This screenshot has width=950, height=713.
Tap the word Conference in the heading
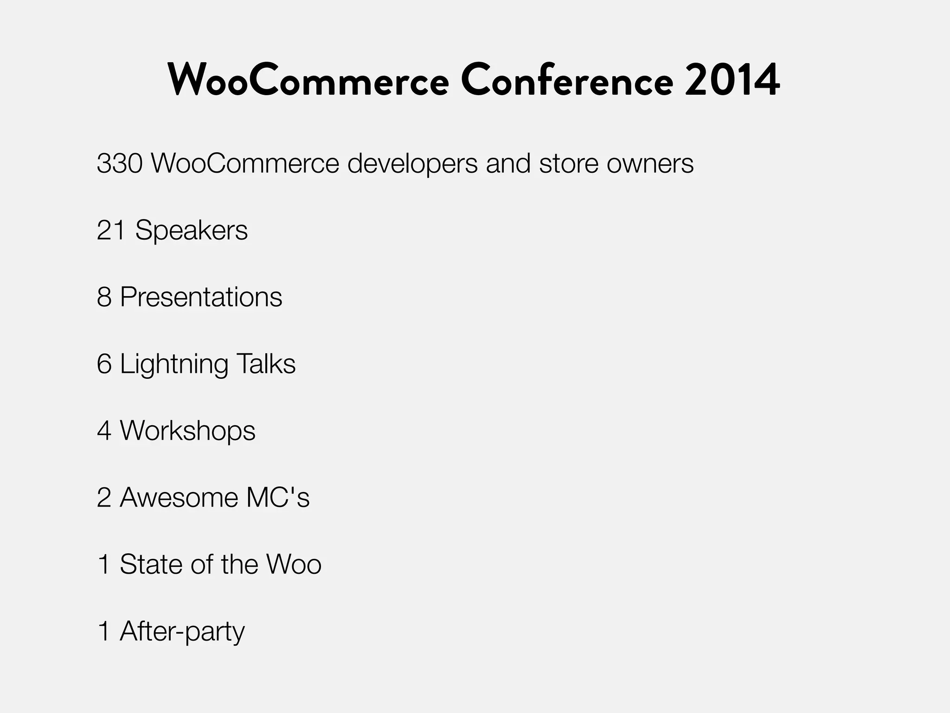point(567,81)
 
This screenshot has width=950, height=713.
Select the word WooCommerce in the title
point(308,81)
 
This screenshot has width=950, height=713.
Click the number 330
point(119,163)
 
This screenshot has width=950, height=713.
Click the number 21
point(110,230)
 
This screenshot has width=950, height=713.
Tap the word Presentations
point(201,297)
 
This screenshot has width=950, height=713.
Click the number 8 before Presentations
point(104,297)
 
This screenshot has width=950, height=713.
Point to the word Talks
point(266,364)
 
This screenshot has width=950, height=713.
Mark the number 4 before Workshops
point(104,431)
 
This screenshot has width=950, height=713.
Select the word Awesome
point(179,498)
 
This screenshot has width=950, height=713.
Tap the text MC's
point(277,498)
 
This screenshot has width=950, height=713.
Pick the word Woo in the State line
point(294,564)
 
